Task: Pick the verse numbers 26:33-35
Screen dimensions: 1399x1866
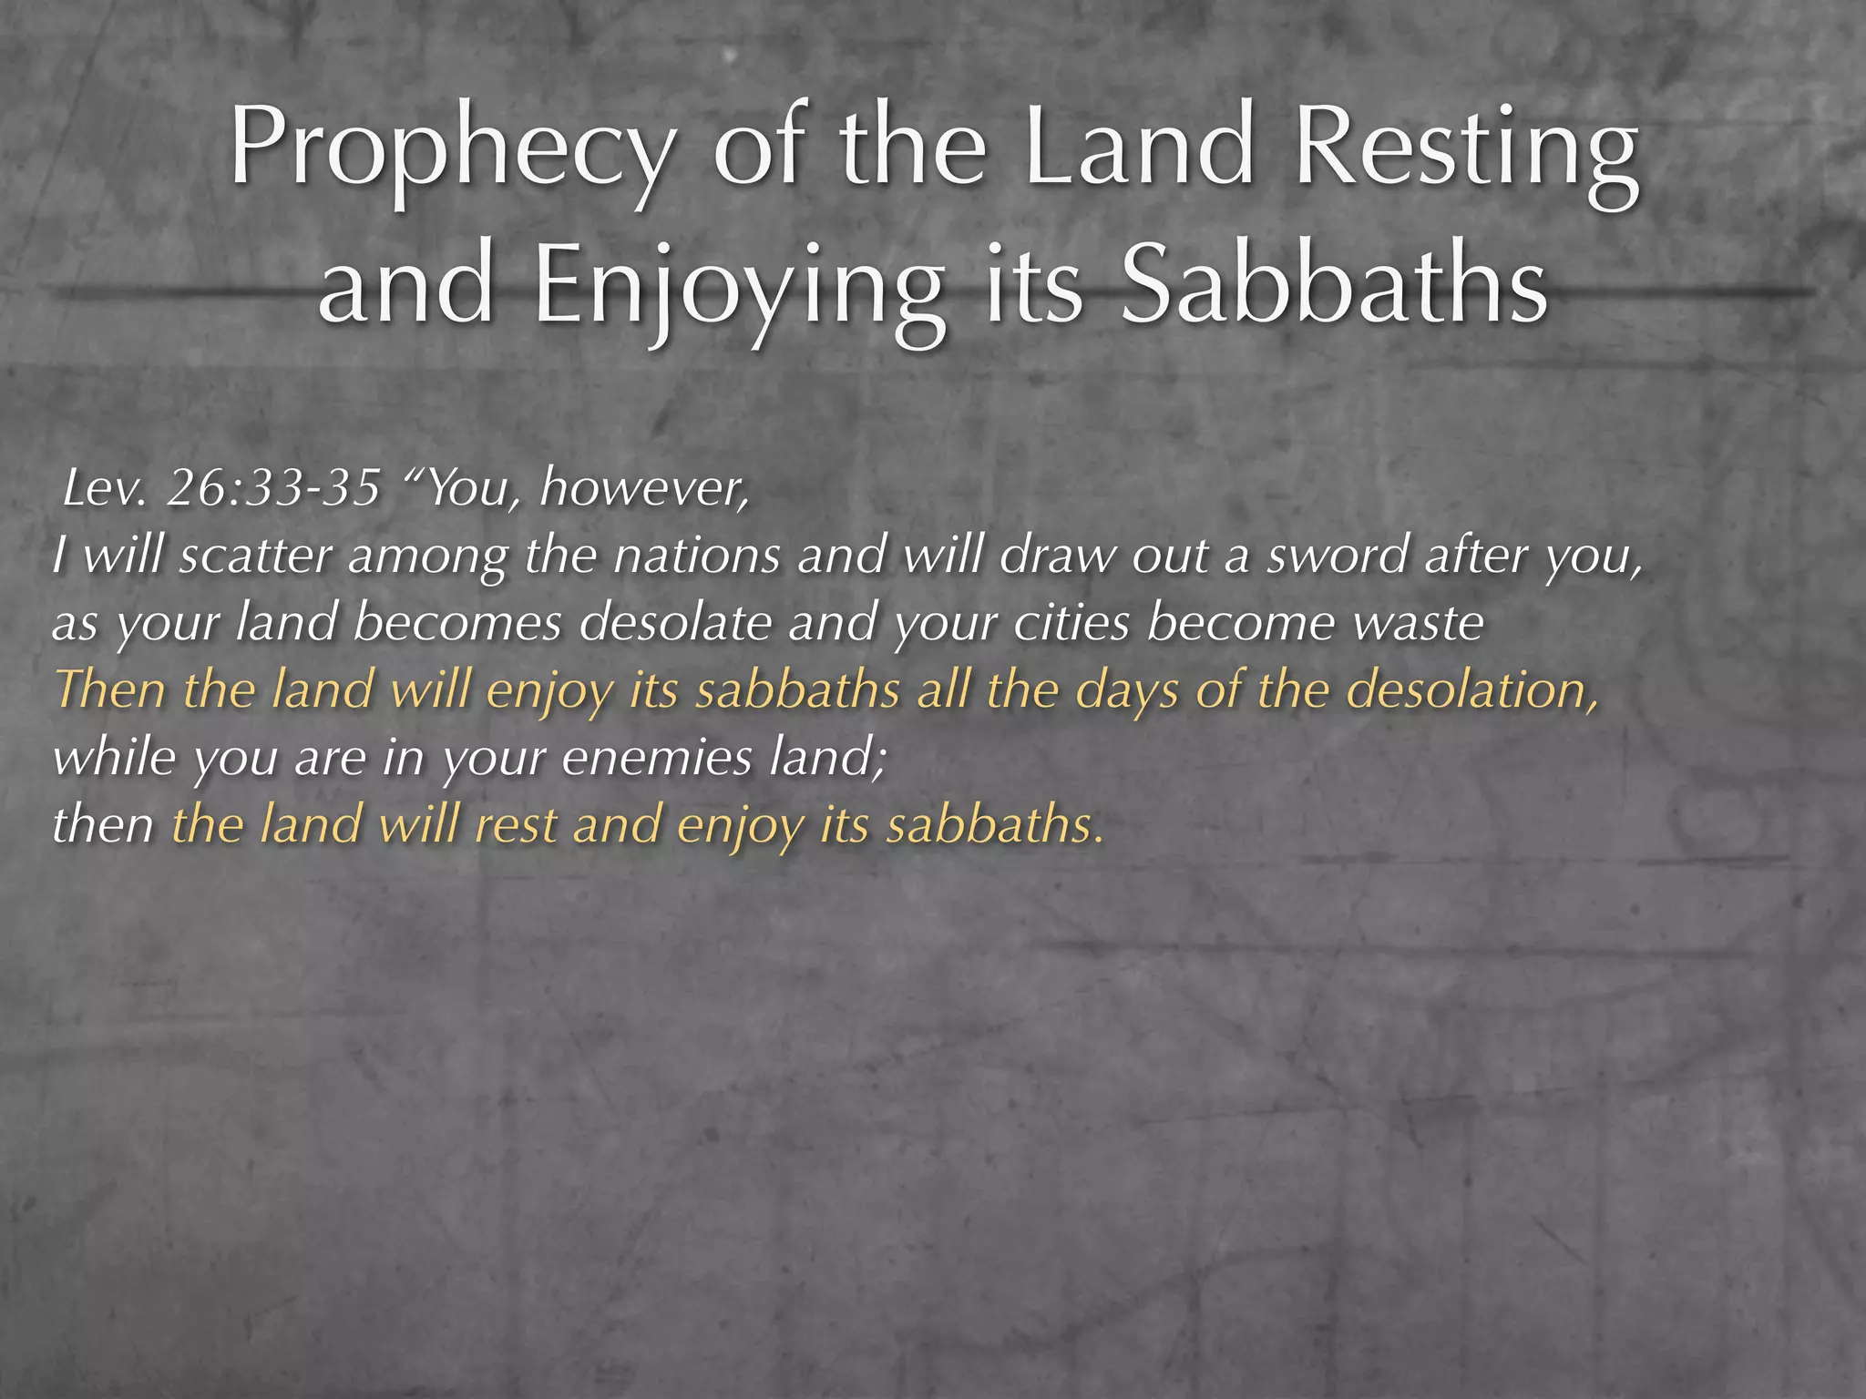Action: pos(273,489)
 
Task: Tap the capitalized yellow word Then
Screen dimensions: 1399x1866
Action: pos(110,689)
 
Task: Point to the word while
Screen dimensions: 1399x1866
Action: pos(114,757)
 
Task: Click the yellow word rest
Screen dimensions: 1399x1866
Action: pos(516,825)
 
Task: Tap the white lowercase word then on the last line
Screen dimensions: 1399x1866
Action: pos(103,825)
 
